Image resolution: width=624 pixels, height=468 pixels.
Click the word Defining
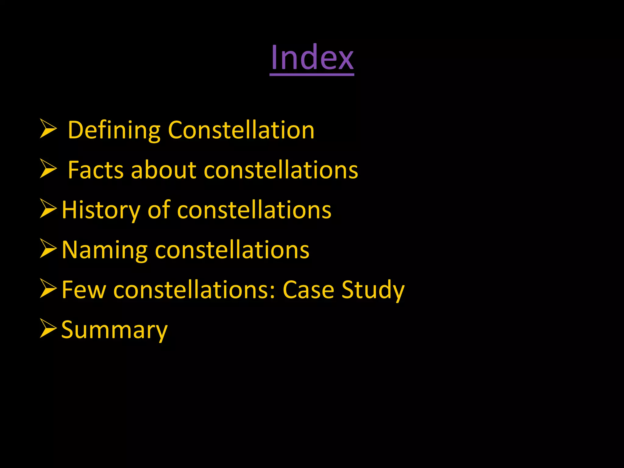coord(114,130)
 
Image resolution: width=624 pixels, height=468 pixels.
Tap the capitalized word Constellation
coord(241,130)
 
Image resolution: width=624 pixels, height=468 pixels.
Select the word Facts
coord(96,170)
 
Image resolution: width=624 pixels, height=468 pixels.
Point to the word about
coord(163,170)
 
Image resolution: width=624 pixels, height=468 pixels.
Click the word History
coord(101,210)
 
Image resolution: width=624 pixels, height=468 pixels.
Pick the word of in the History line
coord(158,210)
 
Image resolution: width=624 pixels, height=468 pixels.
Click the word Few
coord(84,290)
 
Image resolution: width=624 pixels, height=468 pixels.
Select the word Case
coord(308,290)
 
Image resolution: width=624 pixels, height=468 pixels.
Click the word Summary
coord(114,330)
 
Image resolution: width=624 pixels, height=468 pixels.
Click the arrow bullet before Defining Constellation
coord(48,129)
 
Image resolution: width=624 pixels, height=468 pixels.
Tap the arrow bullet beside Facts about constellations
coord(48,169)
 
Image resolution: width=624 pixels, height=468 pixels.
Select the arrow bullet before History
coord(48,209)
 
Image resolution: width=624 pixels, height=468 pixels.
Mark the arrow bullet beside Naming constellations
coord(48,249)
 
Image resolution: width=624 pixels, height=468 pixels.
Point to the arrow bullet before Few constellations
coord(48,289)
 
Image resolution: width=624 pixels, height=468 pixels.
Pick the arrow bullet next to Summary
coord(48,328)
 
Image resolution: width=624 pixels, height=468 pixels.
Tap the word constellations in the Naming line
coord(232,250)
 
